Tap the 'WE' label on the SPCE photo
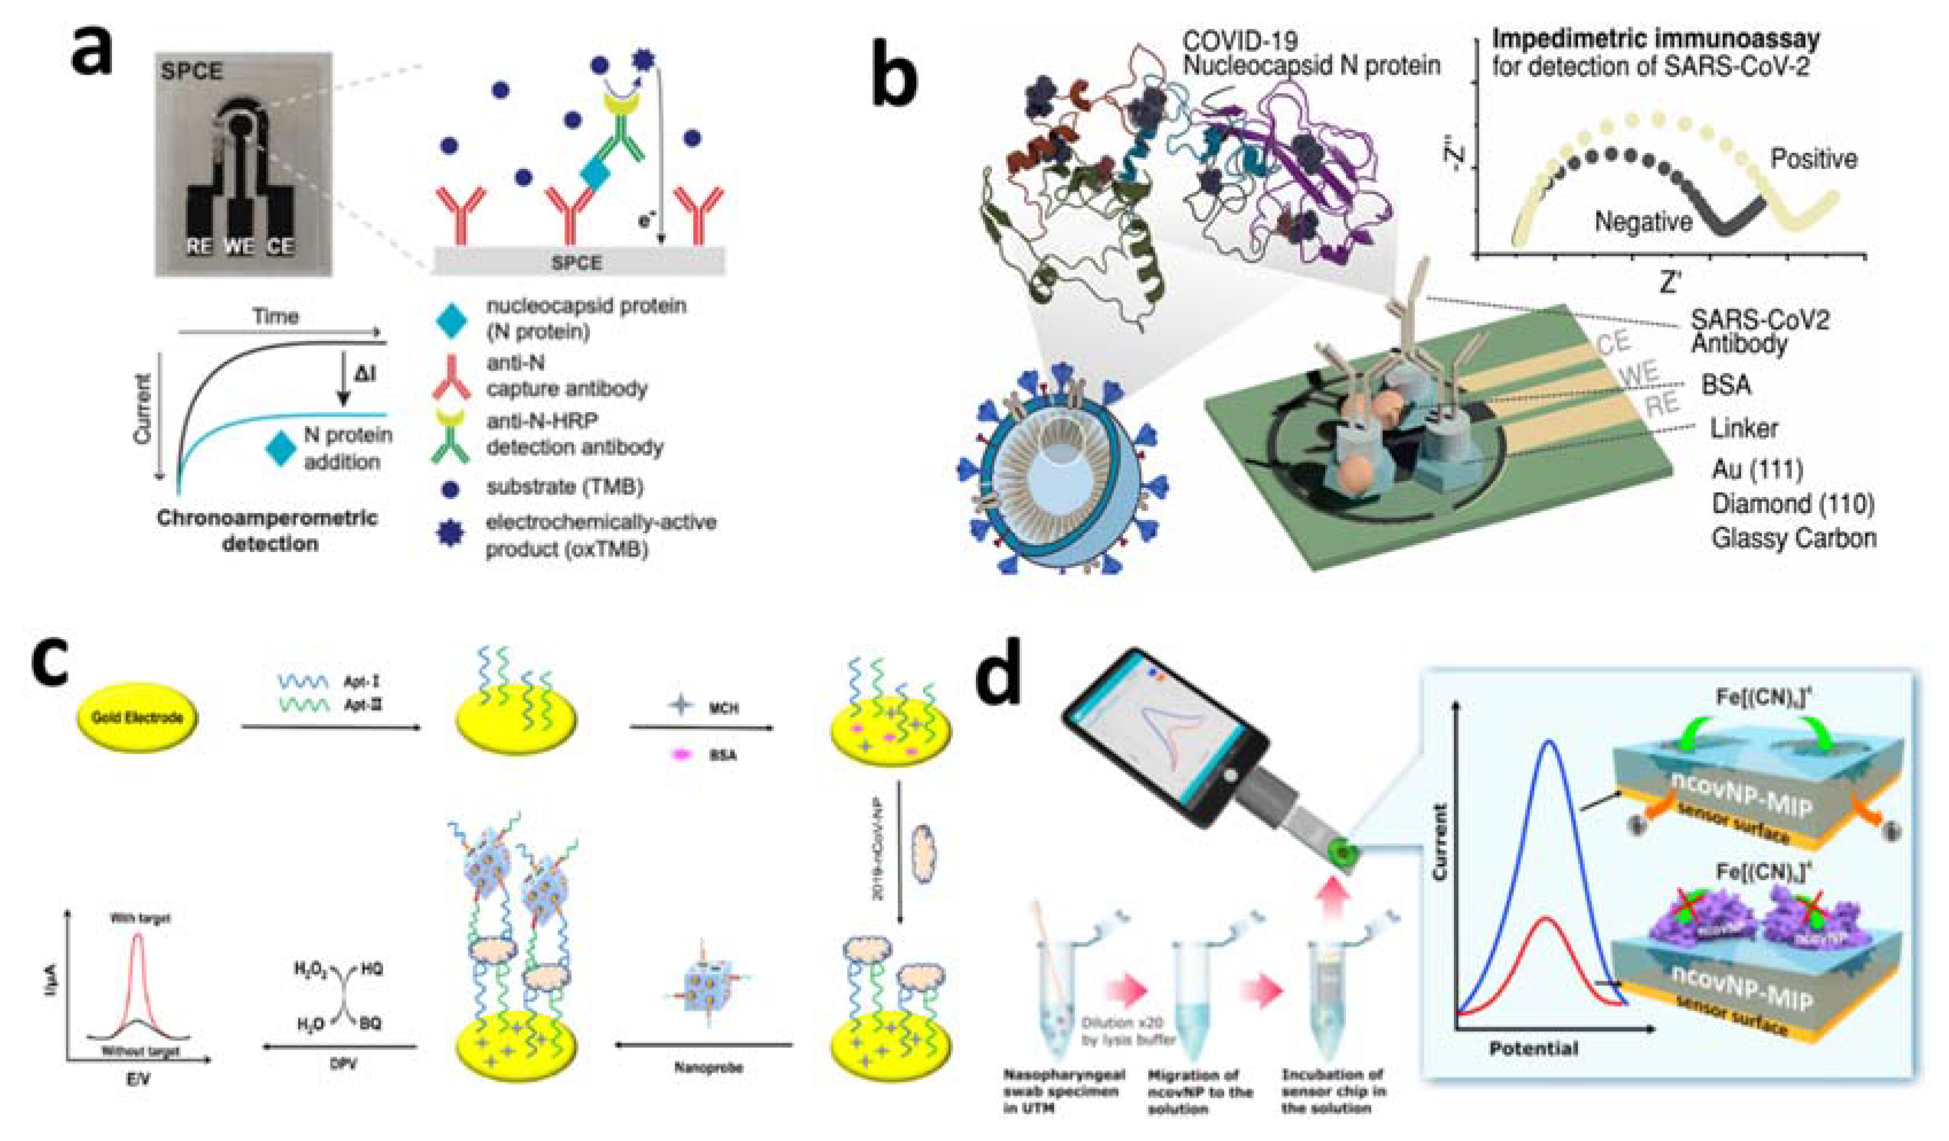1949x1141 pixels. pos(238,247)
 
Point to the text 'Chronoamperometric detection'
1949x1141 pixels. pos(268,531)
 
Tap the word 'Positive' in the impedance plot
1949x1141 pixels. pos(1813,159)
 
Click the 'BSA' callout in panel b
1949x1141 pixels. pos(1726,384)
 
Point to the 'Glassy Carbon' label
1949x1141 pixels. pos(1793,538)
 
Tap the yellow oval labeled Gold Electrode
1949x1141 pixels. pos(136,718)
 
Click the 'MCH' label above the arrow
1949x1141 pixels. pos(723,708)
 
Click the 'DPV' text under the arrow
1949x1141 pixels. pos(344,1065)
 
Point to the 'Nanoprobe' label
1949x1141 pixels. pos(708,1067)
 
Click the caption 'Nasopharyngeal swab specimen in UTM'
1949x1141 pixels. pos(1064,1092)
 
